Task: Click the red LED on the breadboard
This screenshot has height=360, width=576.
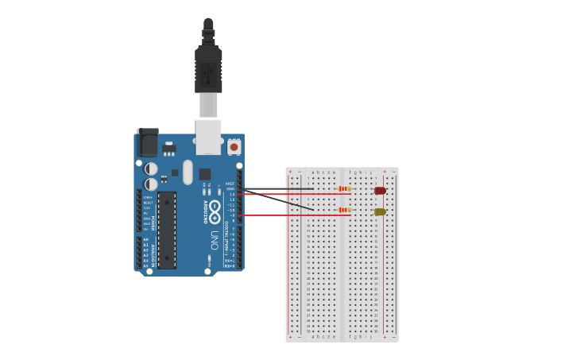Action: coord(380,191)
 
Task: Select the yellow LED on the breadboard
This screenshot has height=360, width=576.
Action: coord(380,211)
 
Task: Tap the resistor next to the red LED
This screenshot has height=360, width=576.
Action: coord(344,189)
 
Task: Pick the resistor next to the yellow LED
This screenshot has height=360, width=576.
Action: coord(344,210)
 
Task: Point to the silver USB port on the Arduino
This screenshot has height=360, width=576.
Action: coord(208,137)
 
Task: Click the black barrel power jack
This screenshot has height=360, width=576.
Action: coord(148,143)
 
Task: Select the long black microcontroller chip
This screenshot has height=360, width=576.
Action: coord(166,229)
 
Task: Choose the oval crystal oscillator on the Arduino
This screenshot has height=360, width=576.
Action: coord(187,172)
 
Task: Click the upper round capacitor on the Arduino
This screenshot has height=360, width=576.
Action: coord(151,168)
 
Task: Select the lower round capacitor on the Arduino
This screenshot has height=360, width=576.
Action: coord(151,184)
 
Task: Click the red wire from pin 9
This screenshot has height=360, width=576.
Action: coord(294,215)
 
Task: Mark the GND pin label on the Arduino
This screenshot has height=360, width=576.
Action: coord(230,189)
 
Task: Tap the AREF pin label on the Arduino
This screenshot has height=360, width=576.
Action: coord(230,184)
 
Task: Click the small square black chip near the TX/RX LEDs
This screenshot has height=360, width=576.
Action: coord(205,174)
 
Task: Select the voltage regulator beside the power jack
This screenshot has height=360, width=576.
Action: coord(168,148)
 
